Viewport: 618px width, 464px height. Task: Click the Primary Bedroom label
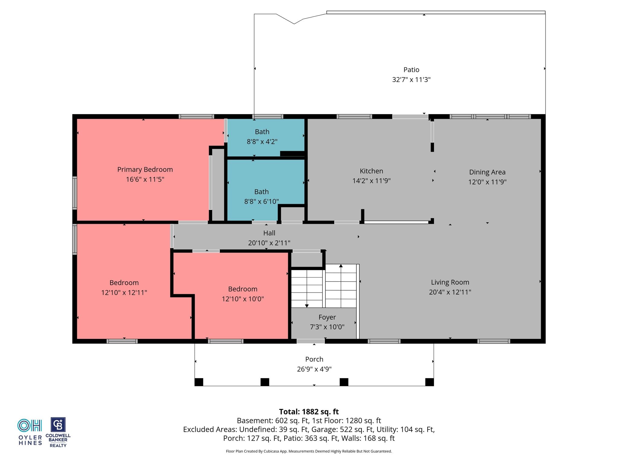coord(145,169)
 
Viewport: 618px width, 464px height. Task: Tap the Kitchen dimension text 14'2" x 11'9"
coord(371,181)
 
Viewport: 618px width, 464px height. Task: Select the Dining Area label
coord(487,172)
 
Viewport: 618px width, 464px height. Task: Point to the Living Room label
coord(450,282)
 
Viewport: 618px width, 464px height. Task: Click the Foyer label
coord(327,317)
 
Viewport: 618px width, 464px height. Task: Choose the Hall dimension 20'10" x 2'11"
coord(269,243)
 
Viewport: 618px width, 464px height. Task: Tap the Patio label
coord(411,70)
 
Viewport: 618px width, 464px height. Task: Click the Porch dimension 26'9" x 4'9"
coord(314,369)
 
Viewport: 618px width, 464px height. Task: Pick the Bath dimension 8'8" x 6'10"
coord(261,201)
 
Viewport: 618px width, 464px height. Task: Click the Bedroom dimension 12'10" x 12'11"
coord(124,292)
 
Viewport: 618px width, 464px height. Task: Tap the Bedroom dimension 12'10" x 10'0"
coord(243,299)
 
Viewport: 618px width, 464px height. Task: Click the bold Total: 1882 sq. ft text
coord(309,412)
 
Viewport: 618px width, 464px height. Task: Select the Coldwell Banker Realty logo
coord(58,432)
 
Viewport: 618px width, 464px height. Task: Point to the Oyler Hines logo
coord(30,432)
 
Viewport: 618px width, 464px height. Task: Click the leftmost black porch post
coord(199,382)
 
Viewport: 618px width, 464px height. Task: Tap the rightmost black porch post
coord(429,382)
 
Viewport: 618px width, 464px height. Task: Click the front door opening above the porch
coord(311,341)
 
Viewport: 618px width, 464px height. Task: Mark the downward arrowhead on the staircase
coord(307,306)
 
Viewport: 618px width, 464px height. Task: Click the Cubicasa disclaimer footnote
coord(309,451)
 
